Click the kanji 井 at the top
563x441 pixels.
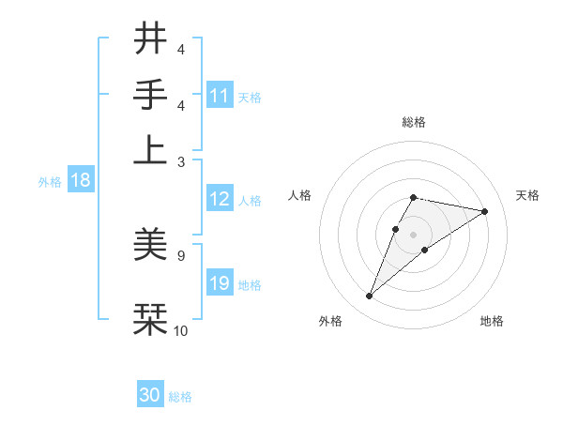pos(150,40)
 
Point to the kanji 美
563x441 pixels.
pos(150,245)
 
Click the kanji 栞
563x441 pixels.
pos(150,318)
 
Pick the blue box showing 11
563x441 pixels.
pos(220,95)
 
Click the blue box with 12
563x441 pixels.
pos(220,199)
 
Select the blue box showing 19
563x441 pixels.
pos(220,283)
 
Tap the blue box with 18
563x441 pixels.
pos(80,181)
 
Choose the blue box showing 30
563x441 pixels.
pos(150,395)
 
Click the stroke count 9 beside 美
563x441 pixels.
pos(180,254)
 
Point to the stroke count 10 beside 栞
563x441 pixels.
pos(180,330)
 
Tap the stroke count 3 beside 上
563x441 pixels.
pos(180,161)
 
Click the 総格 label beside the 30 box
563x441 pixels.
pos(180,397)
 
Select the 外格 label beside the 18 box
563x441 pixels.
pos(50,182)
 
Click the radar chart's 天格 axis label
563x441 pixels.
pos(528,195)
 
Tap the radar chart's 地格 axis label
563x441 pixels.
pos(492,321)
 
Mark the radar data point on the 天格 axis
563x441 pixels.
pos(484,211)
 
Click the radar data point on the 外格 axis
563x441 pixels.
pos(370,297)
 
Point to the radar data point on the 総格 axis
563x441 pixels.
pos(413,197)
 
